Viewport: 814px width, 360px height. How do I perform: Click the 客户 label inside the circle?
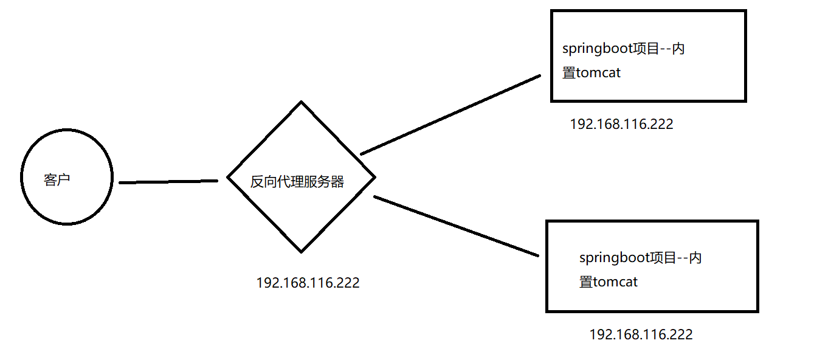click(x=57, y=180)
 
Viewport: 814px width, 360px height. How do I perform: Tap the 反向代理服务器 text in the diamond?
click(x=297, y=182)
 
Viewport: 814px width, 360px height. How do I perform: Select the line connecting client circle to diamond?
click(x=168, y=181)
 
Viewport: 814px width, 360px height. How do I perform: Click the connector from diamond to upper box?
click(x=450, y=115)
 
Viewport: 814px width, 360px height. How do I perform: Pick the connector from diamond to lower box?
click(x=456, y=226)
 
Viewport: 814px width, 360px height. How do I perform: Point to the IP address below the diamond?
click(x=308, y=283)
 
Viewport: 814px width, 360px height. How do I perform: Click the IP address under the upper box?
click(x=621, y=124)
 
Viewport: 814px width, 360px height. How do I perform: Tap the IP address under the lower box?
click(x=641, y=334)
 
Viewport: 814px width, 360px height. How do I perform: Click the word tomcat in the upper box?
click(x=598, y=73)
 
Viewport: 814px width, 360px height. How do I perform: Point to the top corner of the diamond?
click(x=301, y=102)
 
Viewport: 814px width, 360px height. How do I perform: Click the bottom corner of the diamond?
click(x=301, y=251)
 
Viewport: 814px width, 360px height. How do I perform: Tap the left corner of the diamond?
click(x=228, y=178)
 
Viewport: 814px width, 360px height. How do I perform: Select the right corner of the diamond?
click(x=374, y=178)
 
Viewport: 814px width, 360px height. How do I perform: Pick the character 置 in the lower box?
click(x=585, y=282)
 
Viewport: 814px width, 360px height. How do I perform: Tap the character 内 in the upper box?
click(x=678, y=49)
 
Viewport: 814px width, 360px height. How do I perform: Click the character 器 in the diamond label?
click(x=337, y=182)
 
